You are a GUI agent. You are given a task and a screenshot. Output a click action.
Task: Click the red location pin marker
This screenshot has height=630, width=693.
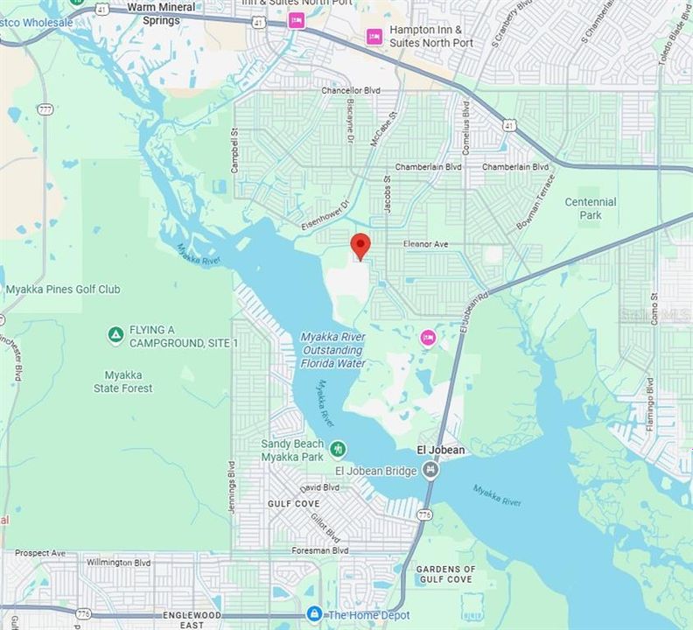click(360, 245)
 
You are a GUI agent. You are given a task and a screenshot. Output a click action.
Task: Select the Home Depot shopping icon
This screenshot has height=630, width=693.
click(314, 615)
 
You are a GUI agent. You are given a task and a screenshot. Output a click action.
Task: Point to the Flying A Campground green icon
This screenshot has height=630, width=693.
click(115, 335)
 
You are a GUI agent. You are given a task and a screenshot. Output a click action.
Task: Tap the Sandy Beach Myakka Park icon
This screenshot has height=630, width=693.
click(338, 451)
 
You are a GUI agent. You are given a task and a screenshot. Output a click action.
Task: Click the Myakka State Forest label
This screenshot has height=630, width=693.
click(123, 381)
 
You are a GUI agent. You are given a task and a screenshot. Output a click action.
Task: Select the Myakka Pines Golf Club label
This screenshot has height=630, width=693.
click(63, 290)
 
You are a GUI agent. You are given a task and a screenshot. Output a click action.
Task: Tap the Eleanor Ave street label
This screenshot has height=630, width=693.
click(425, 245)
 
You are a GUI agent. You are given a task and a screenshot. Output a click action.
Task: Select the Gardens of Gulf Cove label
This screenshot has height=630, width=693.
click(445, 574)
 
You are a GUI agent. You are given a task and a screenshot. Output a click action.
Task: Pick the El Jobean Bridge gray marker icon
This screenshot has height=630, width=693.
click(430, 472)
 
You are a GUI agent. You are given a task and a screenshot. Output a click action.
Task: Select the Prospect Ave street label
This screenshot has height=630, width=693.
click(40, 553)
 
